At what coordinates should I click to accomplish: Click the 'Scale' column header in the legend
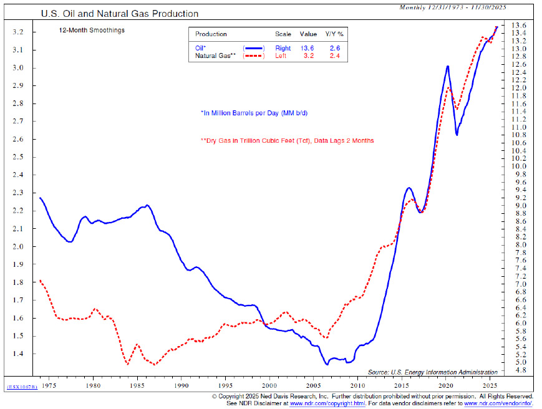coord(283,34)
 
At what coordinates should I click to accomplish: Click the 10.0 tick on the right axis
coord(520,166)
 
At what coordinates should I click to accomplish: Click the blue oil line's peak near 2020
coord(447,66)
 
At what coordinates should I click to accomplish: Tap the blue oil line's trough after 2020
coord(457,134)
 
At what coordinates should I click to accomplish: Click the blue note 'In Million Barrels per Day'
coord(254,113)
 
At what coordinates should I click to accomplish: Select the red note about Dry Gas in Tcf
coord(287,141)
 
